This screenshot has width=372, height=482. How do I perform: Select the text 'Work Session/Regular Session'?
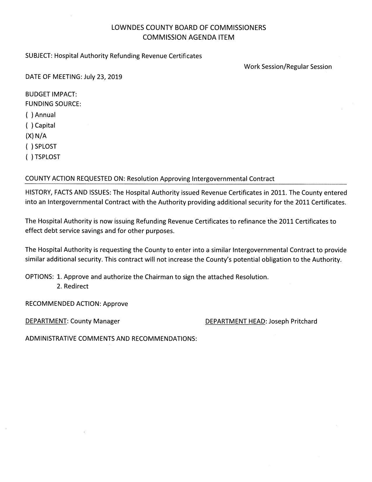tap(288, 67)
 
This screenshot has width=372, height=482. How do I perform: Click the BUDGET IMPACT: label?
tap(51, 94)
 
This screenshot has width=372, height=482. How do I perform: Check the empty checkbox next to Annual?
tap(29, 115)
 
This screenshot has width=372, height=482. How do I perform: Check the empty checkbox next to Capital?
tap(29, 126)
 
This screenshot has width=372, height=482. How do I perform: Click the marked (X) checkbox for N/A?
tap(29, 136)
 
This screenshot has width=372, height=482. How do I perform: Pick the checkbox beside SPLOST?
tap(29, 147)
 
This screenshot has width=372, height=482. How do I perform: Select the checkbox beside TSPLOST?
tap(29, 157)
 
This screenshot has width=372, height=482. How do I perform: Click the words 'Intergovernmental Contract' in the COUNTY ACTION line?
tap(233, 179)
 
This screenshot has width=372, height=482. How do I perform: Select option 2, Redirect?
tap(73, 286)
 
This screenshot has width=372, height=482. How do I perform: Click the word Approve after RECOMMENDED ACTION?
tap(116, 304)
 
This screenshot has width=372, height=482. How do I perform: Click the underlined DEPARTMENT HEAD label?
tap(235, 321)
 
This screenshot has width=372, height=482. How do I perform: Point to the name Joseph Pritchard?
tap(293, 321)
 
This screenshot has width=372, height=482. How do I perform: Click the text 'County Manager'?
tap(95, 321)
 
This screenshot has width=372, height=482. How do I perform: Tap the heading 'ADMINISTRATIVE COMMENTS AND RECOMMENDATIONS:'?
tap(111, 339)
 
